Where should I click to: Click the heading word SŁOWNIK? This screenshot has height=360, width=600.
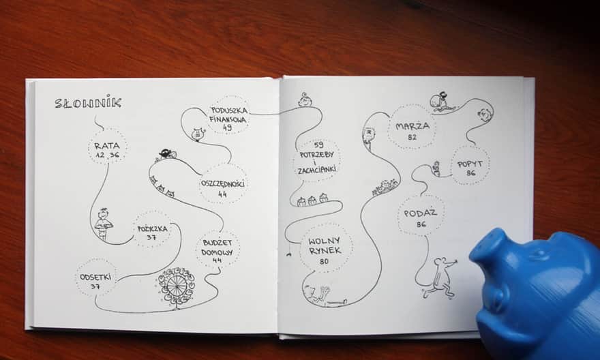(88, 103)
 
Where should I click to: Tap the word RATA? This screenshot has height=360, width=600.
(107, 146)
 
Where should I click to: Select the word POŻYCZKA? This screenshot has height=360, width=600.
(152, 229)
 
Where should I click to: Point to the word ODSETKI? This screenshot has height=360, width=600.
(95, 277)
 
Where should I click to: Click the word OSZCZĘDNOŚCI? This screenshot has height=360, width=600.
(223, 183)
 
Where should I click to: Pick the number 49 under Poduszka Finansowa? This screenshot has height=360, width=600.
(227, 127)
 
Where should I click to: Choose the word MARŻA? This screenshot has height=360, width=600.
(412, 126)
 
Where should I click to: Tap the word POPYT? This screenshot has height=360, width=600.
(470, 164)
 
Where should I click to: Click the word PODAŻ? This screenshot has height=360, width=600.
(421, 213)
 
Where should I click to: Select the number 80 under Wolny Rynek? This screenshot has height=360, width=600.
(324, 262)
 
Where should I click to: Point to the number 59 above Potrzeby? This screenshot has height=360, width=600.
(318, 145)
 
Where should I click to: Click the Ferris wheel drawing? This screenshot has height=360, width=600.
(176, 286)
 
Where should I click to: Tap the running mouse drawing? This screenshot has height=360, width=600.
(440, 277)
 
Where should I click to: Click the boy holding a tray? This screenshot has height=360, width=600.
(103, 224)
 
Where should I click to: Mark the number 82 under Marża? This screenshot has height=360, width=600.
(412, 137)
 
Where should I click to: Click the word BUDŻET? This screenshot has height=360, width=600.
(217, 243)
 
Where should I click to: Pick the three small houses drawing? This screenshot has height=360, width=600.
(313, 199)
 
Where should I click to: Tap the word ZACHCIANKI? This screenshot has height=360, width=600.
(317, 170)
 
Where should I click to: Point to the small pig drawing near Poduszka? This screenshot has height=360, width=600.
(198, 134)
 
